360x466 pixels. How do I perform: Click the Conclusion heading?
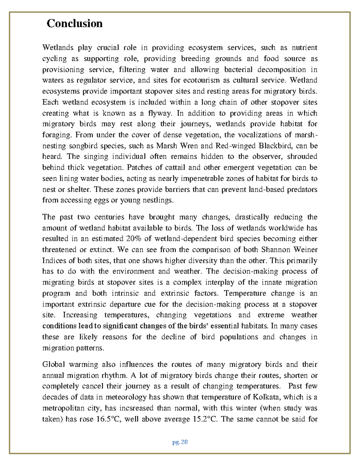[x=74, y=23]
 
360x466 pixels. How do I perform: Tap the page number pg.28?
[x=180, y=442]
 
